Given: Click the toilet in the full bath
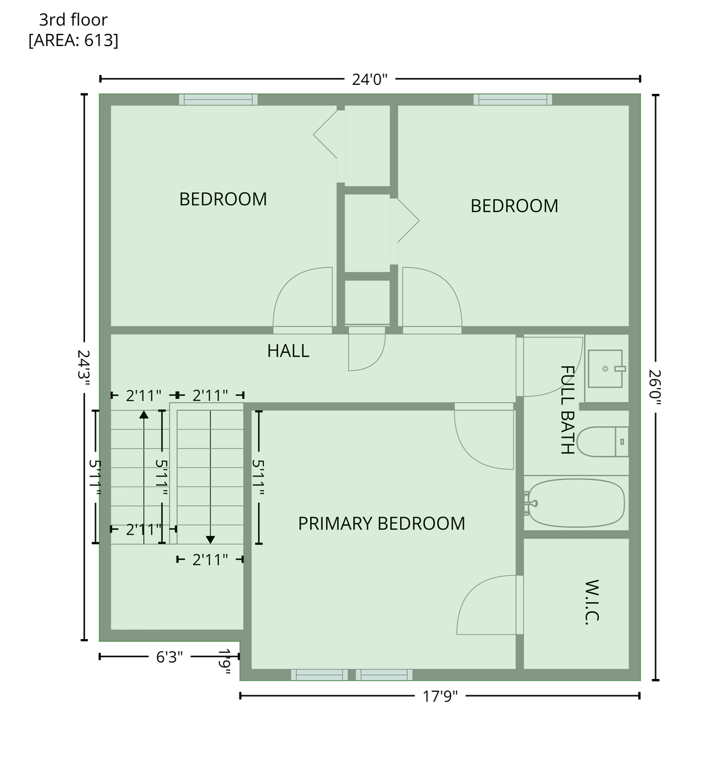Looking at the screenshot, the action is point(602,441).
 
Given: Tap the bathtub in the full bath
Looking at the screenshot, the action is point(576,503).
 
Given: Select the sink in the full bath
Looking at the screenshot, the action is point(606,369).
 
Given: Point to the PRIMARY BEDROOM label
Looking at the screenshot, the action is point(381,523).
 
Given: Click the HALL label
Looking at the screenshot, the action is point(288,351).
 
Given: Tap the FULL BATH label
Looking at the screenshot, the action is point(567,410).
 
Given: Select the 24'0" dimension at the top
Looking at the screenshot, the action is point(370,79).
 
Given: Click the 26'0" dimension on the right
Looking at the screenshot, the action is point(655,387).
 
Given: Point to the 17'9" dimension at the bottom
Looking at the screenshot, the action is point(440,697).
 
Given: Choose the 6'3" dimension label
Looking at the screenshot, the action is point(169,657).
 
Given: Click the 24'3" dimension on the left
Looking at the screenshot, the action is point(84,368).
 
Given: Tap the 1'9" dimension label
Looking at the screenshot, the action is point(224,662).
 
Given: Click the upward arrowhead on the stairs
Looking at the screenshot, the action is point(144,415).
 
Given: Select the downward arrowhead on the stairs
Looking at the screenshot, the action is point(210,540).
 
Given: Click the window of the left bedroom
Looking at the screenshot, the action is point(218,99).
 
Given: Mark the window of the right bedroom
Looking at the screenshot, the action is point(513,99).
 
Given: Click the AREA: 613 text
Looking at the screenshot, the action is point(73,40).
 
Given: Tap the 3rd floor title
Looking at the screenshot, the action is point(73,20).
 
